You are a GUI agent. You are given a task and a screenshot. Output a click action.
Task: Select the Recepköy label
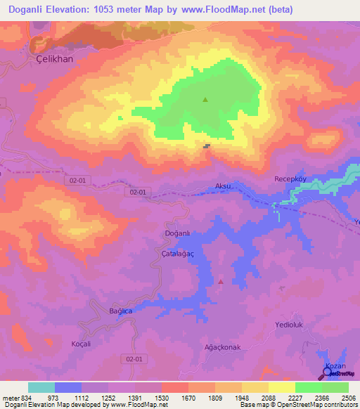coord(290,179)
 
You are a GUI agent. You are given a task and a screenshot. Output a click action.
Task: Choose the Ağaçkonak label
coord(222,347)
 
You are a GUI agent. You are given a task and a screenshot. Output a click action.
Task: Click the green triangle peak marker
coord(205,99)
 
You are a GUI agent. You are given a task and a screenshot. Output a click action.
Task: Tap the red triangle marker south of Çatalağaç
coord(221,281)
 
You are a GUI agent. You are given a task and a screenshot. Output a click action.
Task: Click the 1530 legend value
coord(161,398)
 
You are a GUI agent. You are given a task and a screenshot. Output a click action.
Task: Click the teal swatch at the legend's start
coord(41,387)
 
